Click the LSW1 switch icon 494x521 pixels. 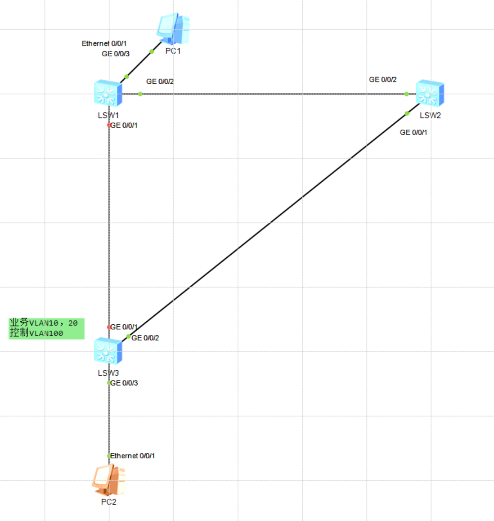[x=108, y=93]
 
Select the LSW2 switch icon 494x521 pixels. [x=430, y=93]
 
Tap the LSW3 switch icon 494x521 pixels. [x=108, y=350]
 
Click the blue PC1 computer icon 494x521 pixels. [x=173, y=28]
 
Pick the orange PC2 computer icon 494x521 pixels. [x=108, y=480]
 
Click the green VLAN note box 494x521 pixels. [x=46, y=329]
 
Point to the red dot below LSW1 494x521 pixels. [x=109, y=125]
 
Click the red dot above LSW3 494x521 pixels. [x=109, y=327]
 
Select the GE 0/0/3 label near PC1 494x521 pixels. [x=115, y=54]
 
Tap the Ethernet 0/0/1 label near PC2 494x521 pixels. [x=133, y=456]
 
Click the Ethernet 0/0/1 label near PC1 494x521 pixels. [x=104, y=43]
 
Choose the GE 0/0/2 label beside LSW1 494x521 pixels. [x=160, y=81]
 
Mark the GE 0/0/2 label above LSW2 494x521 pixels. [x=382, y=79]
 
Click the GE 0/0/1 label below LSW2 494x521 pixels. [x=413, y=132]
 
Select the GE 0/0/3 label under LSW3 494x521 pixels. [x=124, y=383]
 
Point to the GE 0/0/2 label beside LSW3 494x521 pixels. [x=145, y=338]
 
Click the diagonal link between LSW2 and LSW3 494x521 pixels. [x=270, y=222]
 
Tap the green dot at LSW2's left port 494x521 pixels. [x=406, y=94]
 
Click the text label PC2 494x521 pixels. [x=109, y=502]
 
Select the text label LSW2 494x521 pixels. [x=430, y=115]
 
